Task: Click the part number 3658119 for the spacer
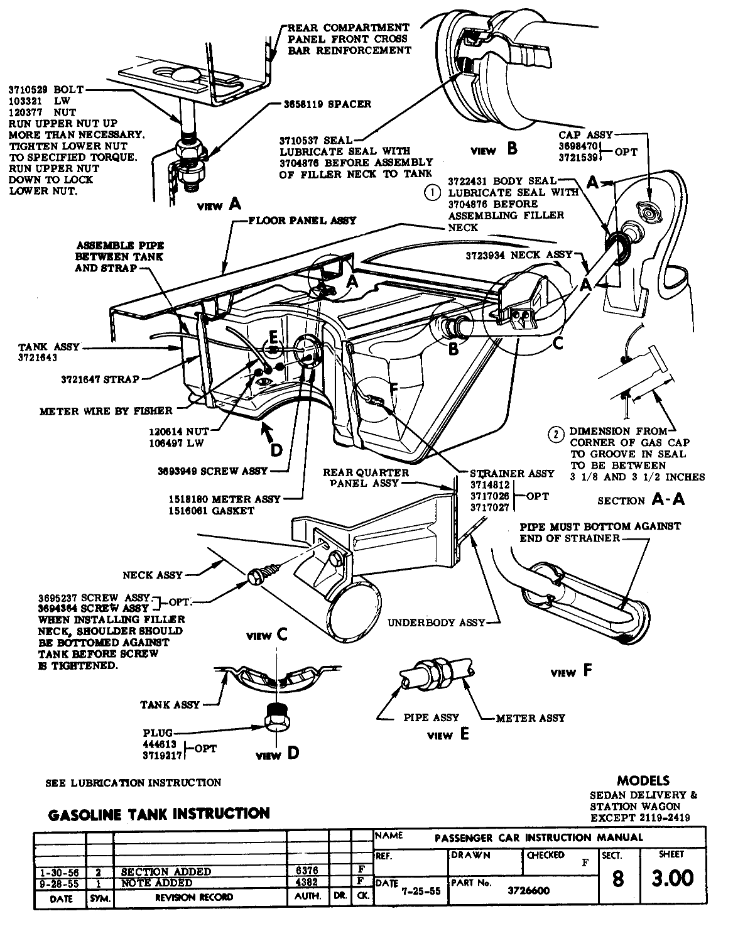(313, 104)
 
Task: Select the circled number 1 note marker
(432, 193)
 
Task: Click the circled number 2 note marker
(556, 433)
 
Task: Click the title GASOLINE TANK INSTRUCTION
(159, 814)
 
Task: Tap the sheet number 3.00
(672, 877)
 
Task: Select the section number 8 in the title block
(617, 878)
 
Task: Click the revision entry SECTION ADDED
(166, 871)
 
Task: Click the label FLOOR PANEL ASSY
(303, 221)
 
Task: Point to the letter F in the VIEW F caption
(587, 671)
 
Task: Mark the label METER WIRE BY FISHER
(106, 411)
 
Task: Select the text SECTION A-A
(640, 499)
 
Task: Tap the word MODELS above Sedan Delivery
(643, 781)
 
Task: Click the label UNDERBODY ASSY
(436, 623)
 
